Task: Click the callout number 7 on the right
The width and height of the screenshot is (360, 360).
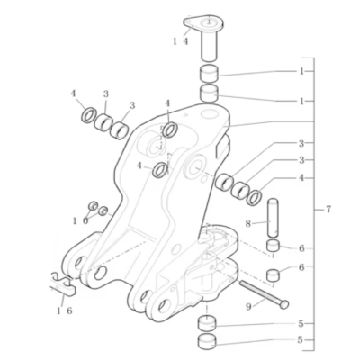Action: [328, 209]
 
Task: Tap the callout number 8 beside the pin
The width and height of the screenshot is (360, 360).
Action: [247, 223]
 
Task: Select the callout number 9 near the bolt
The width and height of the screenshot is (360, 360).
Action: [248, 307]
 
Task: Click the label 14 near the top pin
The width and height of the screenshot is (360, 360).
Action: [181, 41]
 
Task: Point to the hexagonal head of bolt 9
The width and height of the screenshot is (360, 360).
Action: [283, 304]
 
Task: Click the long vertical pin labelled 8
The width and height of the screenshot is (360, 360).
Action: [273, 218]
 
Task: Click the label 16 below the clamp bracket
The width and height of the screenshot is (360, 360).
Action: [65, 310]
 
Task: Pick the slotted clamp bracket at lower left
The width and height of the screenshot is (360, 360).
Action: [62, 284]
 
